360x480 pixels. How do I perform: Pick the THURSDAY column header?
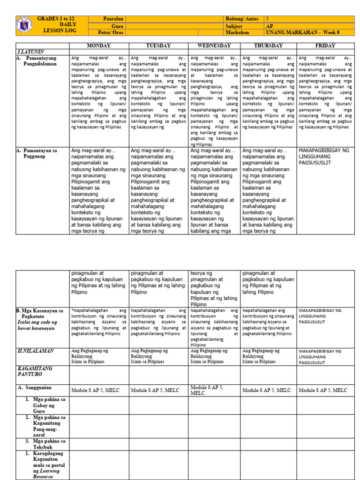269,45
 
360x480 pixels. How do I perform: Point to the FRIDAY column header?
325,45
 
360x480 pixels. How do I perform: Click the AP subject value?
269,26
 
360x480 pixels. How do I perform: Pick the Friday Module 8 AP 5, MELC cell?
323,390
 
